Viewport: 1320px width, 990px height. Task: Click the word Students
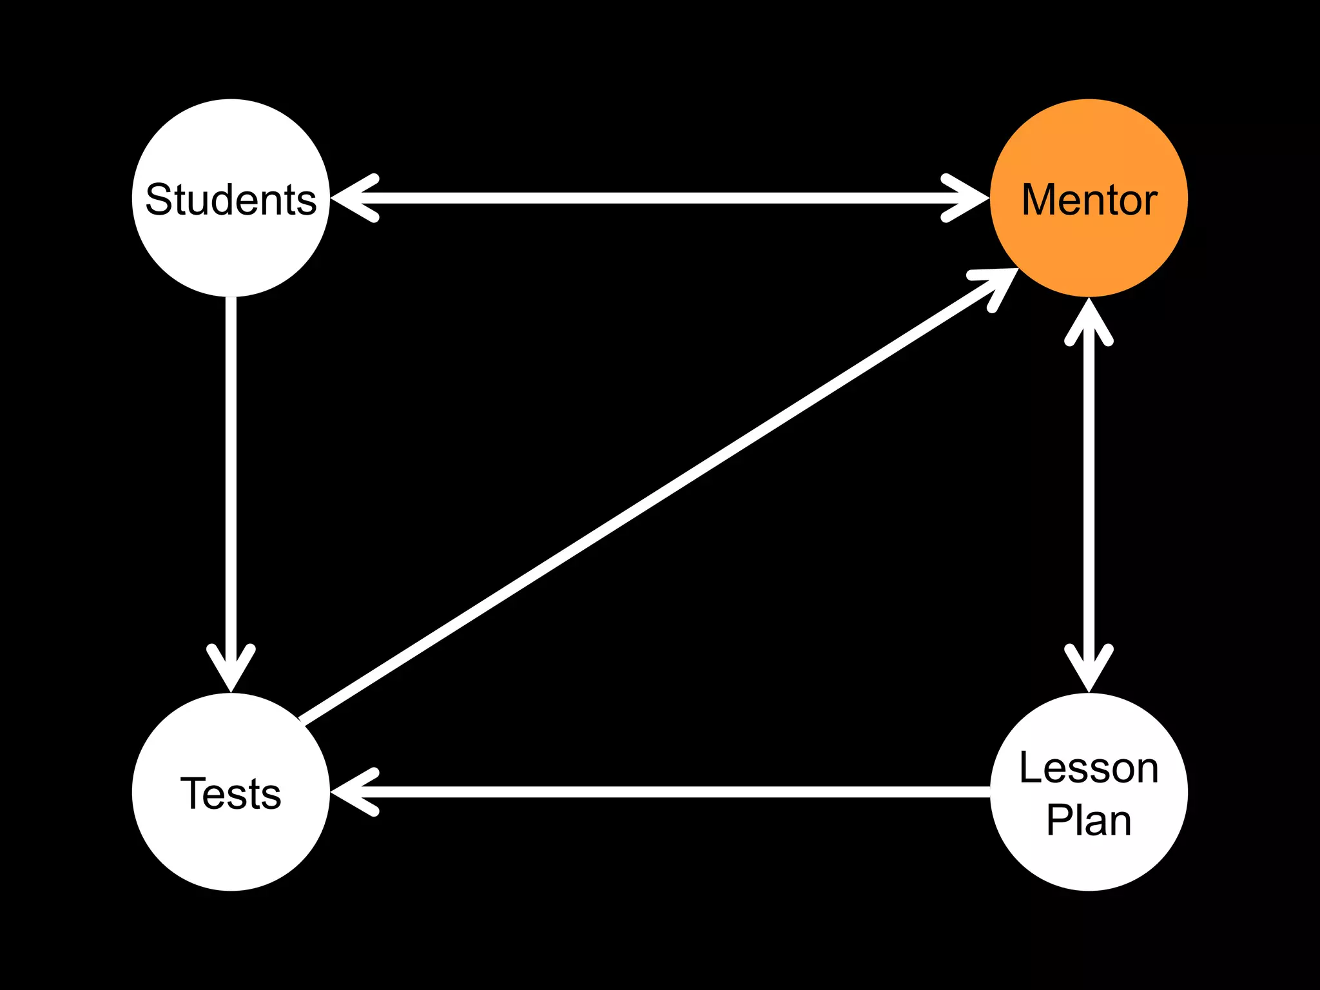coord(231,199)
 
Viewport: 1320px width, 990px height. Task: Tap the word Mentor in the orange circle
coord(1089,199)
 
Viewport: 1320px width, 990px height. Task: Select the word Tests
coord(231,793)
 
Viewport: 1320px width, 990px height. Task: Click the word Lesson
coord(1089,768)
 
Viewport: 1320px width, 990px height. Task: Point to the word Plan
coord(1089,820)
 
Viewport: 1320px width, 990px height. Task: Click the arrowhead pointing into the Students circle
coord(351,198)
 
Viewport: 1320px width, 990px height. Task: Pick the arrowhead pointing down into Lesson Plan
coord(1089,670)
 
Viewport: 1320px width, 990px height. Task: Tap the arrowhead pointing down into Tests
coord(231,670)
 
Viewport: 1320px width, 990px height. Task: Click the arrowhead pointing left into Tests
coord(351,792)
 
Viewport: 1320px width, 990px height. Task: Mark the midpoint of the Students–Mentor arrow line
coord(660,198)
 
